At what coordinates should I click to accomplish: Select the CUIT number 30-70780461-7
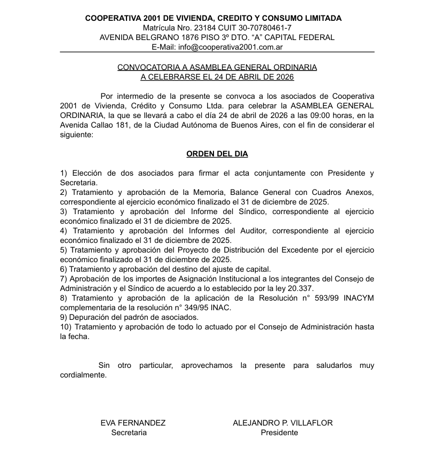pos(264,28)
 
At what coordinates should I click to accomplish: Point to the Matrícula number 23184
pos(204,28)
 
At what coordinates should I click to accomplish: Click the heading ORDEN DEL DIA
pos(217,154)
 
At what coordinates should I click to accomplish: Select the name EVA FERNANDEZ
pos(133,423)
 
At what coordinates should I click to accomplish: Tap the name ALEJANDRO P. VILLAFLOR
pos(282,423)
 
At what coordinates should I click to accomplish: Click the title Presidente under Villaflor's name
pos(279,432)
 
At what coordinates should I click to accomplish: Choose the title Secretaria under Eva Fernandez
pos(129,432)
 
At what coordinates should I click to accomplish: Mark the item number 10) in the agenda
pos(66,327)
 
